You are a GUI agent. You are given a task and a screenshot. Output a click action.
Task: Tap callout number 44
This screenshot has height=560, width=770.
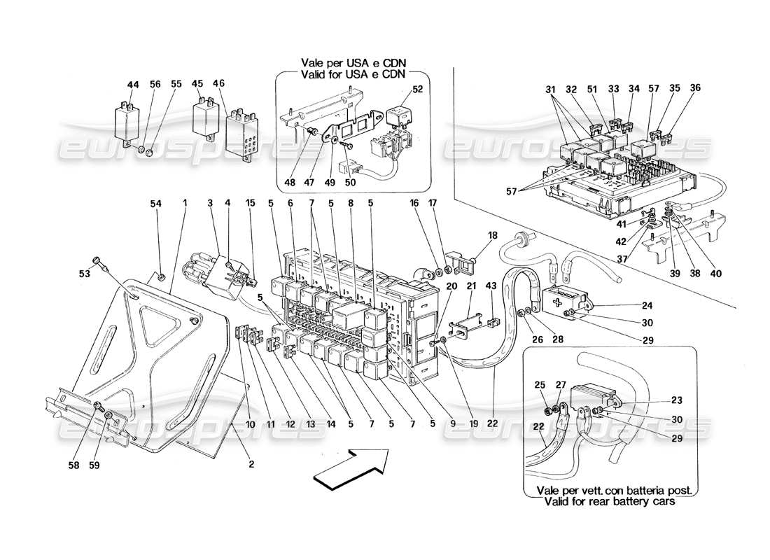coord(132,84)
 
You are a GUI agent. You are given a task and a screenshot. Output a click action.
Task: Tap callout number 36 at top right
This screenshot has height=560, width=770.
coord(694,88)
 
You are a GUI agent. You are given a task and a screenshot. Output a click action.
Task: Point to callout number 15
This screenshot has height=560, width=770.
coord(250,203)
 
